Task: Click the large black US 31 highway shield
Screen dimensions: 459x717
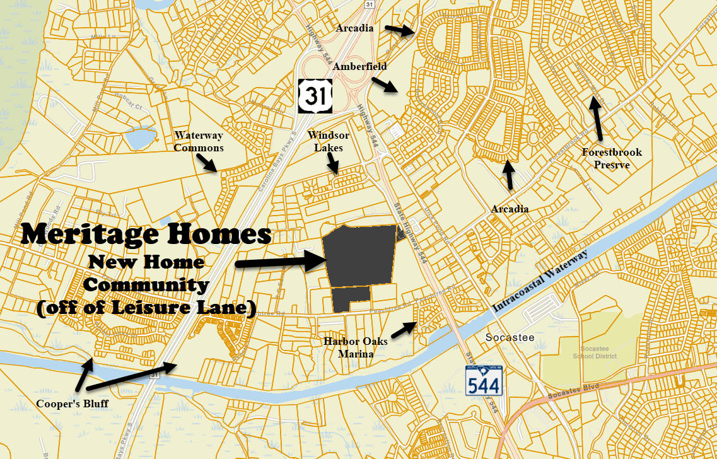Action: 315,96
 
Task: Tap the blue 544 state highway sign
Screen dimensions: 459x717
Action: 484,380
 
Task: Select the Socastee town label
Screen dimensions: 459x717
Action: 510,337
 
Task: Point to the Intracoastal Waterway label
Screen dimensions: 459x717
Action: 539,279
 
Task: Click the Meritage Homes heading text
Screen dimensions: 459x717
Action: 146,234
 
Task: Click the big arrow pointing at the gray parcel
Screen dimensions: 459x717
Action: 280,261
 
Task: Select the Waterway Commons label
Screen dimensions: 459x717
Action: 199,141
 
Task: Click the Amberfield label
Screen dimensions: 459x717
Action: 360,66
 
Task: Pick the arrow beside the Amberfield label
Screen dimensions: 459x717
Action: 384,85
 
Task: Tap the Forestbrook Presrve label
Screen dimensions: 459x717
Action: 612,158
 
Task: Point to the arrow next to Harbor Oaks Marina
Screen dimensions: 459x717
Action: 404,330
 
